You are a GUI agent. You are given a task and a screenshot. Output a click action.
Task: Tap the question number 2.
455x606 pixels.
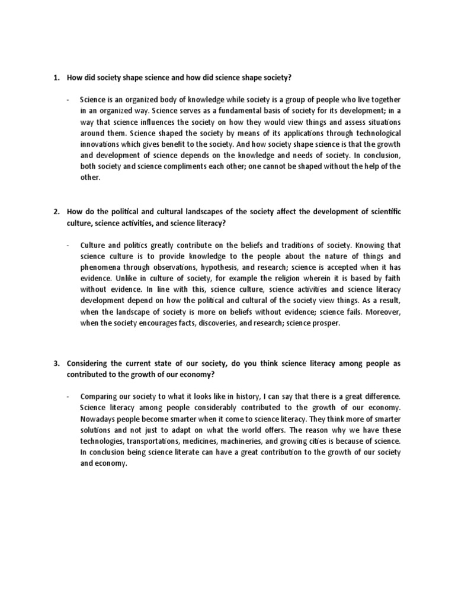coord(57,212)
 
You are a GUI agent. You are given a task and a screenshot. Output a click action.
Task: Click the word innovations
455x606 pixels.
coord(101,145)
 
